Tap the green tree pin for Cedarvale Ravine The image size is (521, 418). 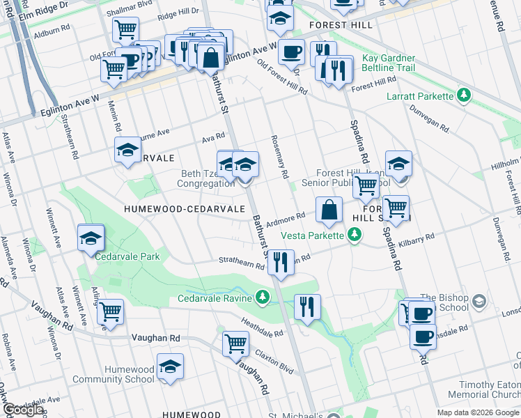(x=263, y=297)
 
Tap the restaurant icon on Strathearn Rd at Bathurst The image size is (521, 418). (x=280, y=262)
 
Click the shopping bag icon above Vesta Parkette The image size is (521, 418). (x=329, y=209)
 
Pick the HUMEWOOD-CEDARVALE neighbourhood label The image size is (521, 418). (x=184, y=208)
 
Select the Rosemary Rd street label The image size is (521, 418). (x=281, y=156)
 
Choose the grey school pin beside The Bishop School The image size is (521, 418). (x=478, y=302)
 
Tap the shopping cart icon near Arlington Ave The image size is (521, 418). (x=110, y=311)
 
